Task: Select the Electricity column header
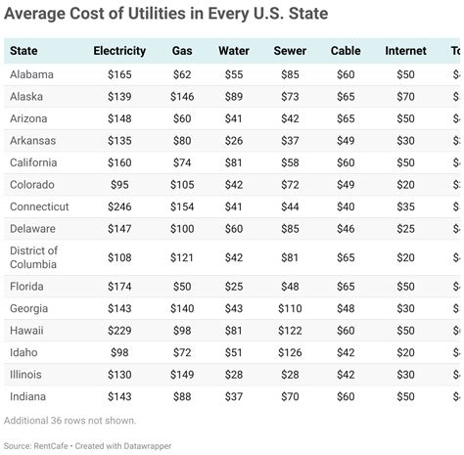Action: (x=119, y=51)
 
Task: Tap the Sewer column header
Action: (x=289, y=51)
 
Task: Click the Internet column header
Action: (x=405, y=51)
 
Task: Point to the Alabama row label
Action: (x=31, y=74)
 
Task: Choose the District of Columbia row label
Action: (x=33, y=257)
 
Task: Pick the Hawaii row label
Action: (x=25, y=331)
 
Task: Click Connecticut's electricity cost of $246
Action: (x=119, y=206)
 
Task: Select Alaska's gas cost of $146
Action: (x=182, y=96)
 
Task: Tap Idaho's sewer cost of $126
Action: (x=289, y=352)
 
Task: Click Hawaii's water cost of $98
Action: (x=234, y=331)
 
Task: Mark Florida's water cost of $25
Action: (x=234, y=287)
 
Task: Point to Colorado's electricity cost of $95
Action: (x=119, y=184)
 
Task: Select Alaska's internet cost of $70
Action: (x=405, y=96)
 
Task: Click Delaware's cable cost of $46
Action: (x=346, y=228)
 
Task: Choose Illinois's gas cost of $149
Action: (x=182, y=375)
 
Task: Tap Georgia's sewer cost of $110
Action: (x=289, y=308)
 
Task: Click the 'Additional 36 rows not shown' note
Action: (x=70, y=421)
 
